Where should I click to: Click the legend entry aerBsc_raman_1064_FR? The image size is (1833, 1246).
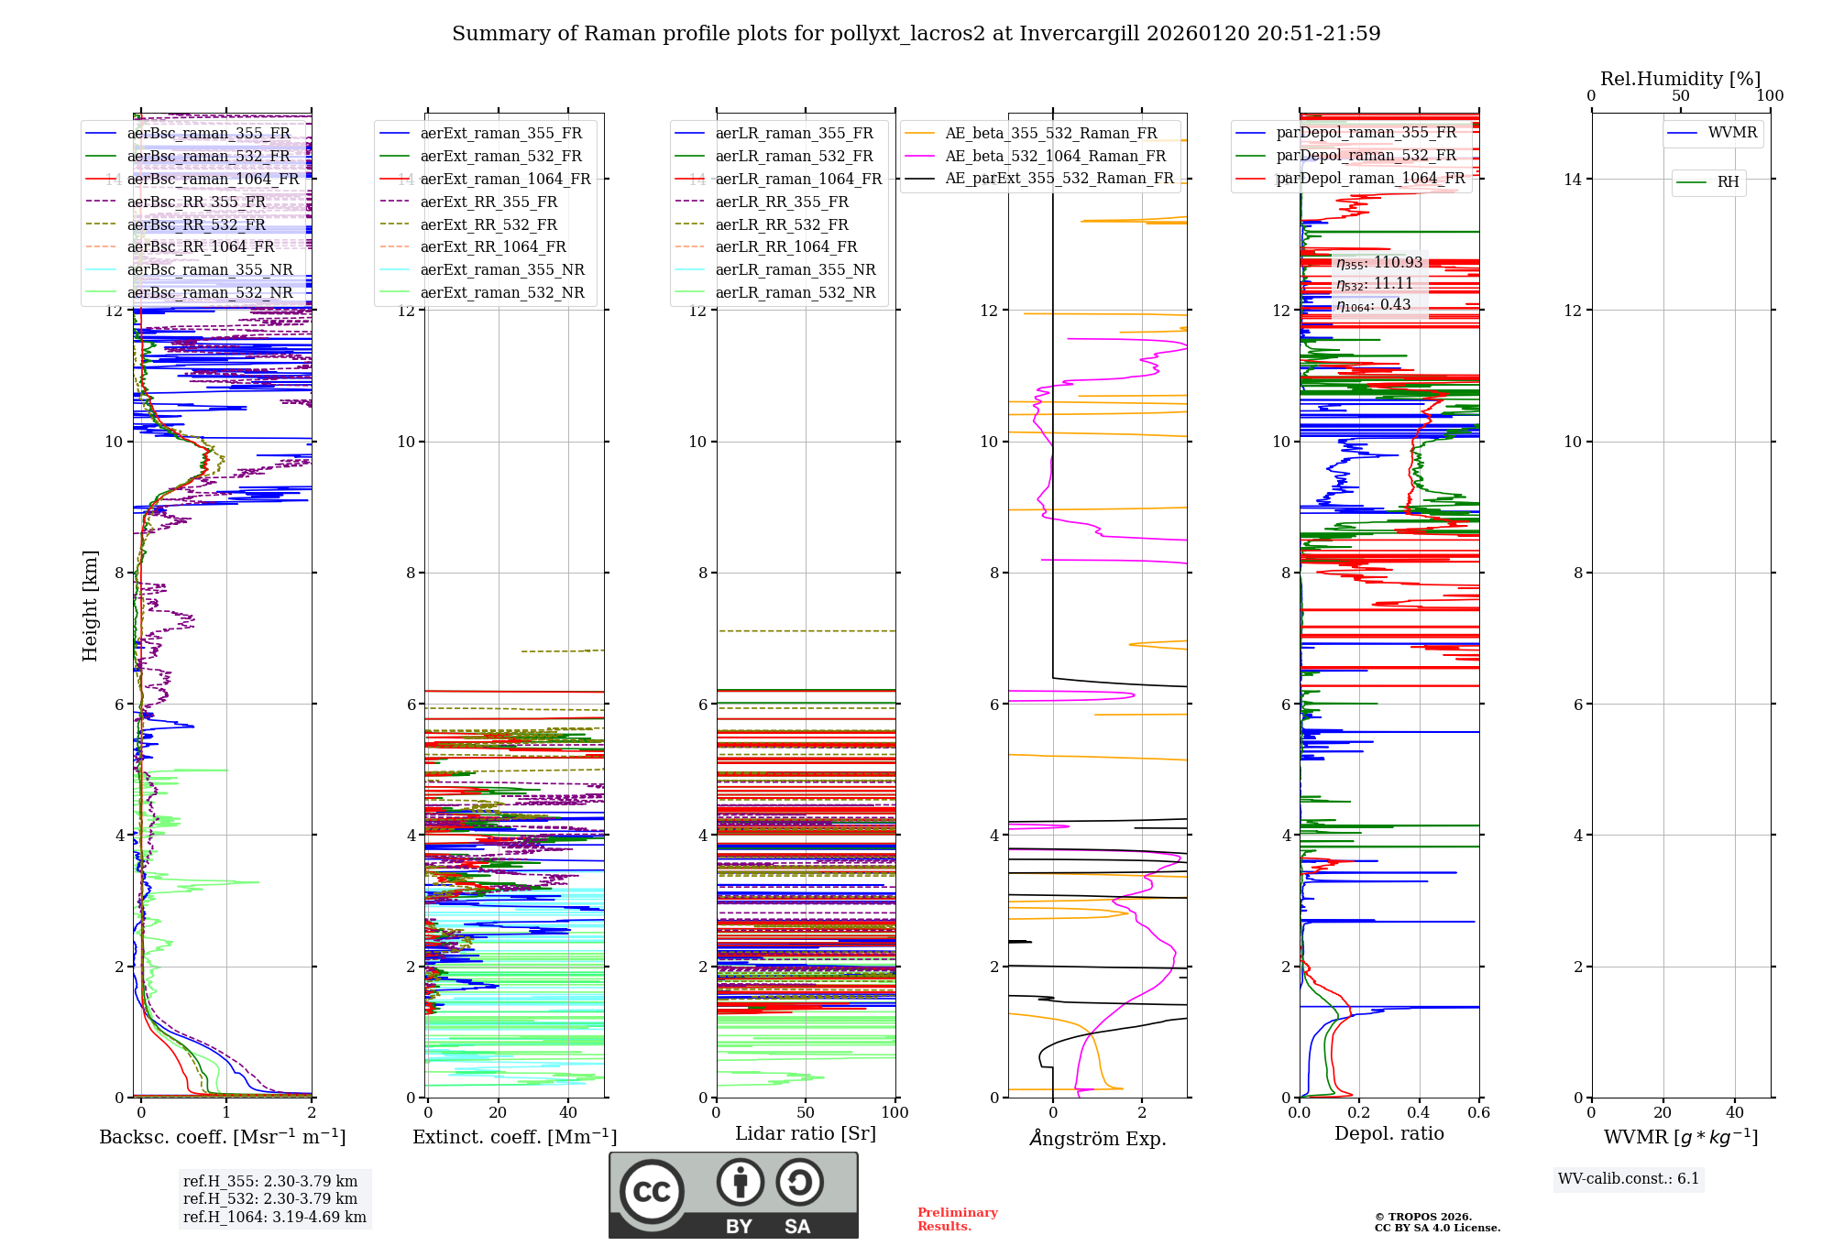tap(213, 180)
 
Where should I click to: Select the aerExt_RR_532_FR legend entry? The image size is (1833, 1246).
tap(488, 224)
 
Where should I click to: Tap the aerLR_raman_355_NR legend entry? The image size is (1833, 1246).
tap(795, 270)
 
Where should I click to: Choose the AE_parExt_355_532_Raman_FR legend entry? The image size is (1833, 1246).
tap(1059, 179)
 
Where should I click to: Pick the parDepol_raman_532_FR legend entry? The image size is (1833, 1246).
tap(1366, 156)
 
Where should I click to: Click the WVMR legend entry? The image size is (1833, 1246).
tap(1732, 133)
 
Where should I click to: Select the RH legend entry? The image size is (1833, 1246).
tap(1728, 182)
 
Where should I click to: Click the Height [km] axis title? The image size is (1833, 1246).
tap(90, 606)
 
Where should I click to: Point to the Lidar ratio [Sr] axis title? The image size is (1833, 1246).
tap(806, 1133)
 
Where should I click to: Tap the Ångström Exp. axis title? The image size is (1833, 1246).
tap(1097, 1138)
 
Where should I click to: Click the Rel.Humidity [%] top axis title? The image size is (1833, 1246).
tap(1680, 79)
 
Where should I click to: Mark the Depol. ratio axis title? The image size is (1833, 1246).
tap(1388, 1133)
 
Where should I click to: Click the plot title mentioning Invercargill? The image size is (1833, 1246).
tap(916, 34)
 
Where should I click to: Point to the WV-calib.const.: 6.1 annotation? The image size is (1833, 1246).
tap(1628, 1179)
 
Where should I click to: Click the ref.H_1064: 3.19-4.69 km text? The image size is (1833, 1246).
tap(274, 1218)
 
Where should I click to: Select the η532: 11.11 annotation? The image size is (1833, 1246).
tap(1374, 284)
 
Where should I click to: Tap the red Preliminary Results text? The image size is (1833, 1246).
tap(957, 1219)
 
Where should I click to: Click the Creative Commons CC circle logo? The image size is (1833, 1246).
tap(652, 1192)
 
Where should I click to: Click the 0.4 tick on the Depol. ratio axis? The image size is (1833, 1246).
tap(1419, 1113)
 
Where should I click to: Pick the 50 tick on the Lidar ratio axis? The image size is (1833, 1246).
tap(806, 1113)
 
